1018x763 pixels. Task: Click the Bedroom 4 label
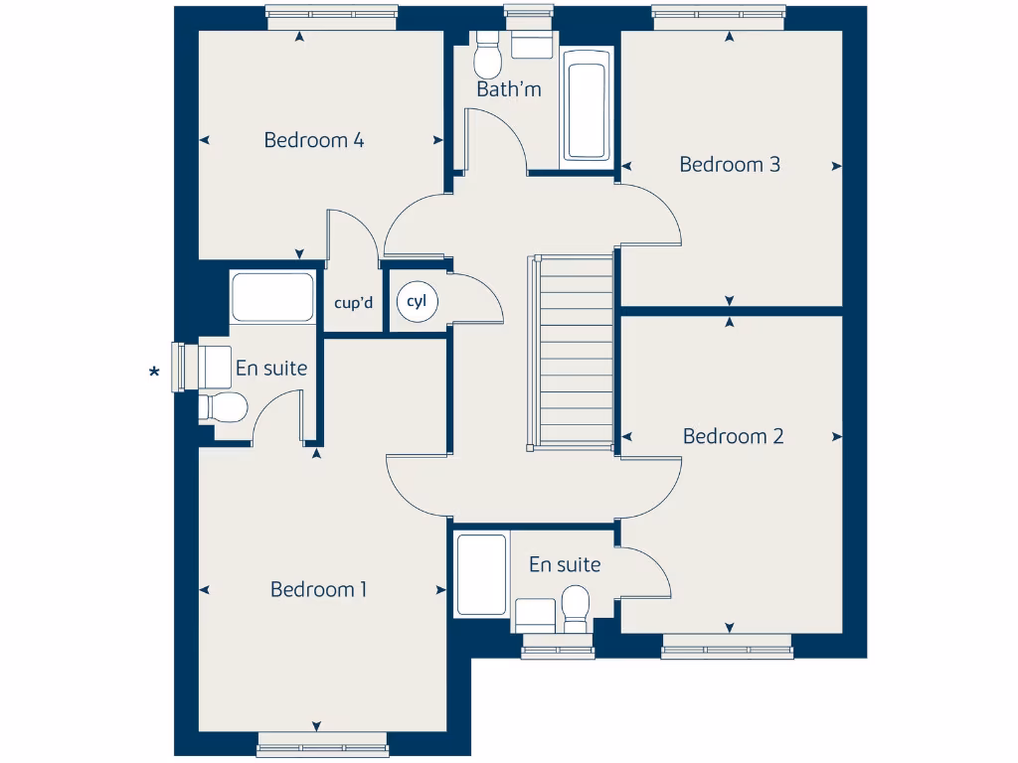click(313, 140)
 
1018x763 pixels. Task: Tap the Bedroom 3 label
click(730, 164)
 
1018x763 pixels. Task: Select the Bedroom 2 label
click(733, 435)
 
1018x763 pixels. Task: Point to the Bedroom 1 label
click(318, 589)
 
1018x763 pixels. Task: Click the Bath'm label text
click(509, 89)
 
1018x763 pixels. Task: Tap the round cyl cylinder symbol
click(416, 302)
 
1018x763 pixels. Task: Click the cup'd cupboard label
click(353, 302)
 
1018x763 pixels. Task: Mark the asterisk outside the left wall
click(154, 374)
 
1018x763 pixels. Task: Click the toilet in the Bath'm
click(487, 57)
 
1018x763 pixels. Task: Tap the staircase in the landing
click(576, 353)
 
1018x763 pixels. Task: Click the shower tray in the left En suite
click(272, 297)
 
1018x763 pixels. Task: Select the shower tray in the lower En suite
click(481, 575)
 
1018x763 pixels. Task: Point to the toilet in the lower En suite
click(575, 606)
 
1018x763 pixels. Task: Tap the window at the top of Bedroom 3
click(719, 13)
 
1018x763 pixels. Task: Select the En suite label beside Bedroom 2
click(565, 564)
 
